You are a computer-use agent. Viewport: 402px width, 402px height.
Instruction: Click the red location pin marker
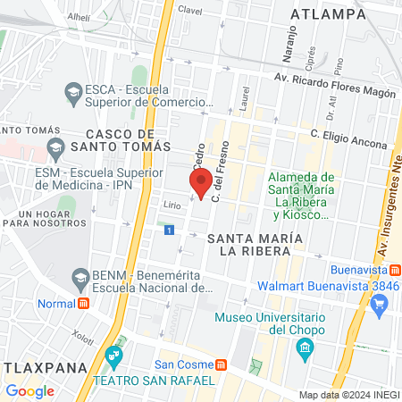tap(201, 183)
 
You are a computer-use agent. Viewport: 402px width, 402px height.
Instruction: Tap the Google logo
tap(29, 390)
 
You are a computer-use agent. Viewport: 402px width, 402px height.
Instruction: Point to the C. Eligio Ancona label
tap(349, 139)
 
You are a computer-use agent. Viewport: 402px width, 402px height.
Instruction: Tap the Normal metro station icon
tap(84, 303)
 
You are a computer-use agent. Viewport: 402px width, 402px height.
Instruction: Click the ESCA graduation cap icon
tap(73, 90)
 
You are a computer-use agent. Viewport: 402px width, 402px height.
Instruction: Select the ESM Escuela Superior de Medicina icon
tap(55, 147)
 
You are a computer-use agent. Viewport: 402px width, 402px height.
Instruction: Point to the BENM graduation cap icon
tap(80, 277)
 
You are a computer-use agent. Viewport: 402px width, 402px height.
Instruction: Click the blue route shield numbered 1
tap(169, 230)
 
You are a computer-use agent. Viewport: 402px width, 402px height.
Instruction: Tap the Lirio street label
tap(172, 204)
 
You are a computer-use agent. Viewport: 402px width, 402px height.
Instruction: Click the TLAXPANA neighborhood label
tap(30, 367)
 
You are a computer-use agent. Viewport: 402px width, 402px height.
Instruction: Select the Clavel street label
tap(190, 9)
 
